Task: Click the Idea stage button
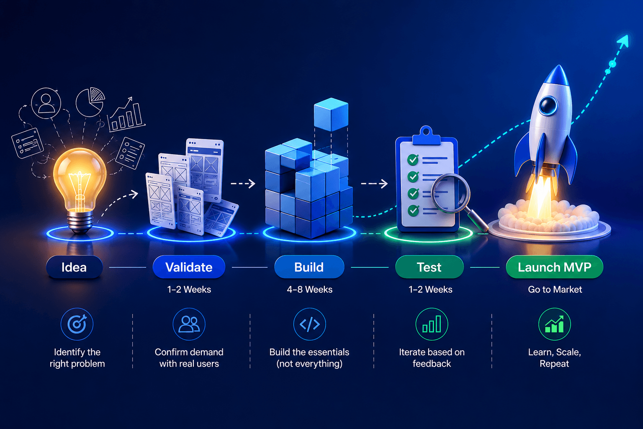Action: [75, 267]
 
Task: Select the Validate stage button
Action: [189, 267]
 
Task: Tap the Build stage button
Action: [309, 267]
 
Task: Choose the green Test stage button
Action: [430, 267]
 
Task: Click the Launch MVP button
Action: [555, 267]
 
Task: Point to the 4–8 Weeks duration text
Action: [309, 289]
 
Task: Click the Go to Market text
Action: [555, 289]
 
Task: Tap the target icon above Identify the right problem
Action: [77, 324]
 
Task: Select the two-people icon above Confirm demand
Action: [189, 324]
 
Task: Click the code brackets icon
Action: [309, 324]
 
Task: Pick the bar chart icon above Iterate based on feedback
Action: [432, 324]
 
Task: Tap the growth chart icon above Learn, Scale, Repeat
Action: [554, 324]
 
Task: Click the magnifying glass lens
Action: [450, 193]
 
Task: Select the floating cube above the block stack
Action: [331, 114]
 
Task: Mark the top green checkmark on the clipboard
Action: [413, 160]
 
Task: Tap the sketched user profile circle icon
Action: [46, 103]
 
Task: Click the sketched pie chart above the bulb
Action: [90, 102]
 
